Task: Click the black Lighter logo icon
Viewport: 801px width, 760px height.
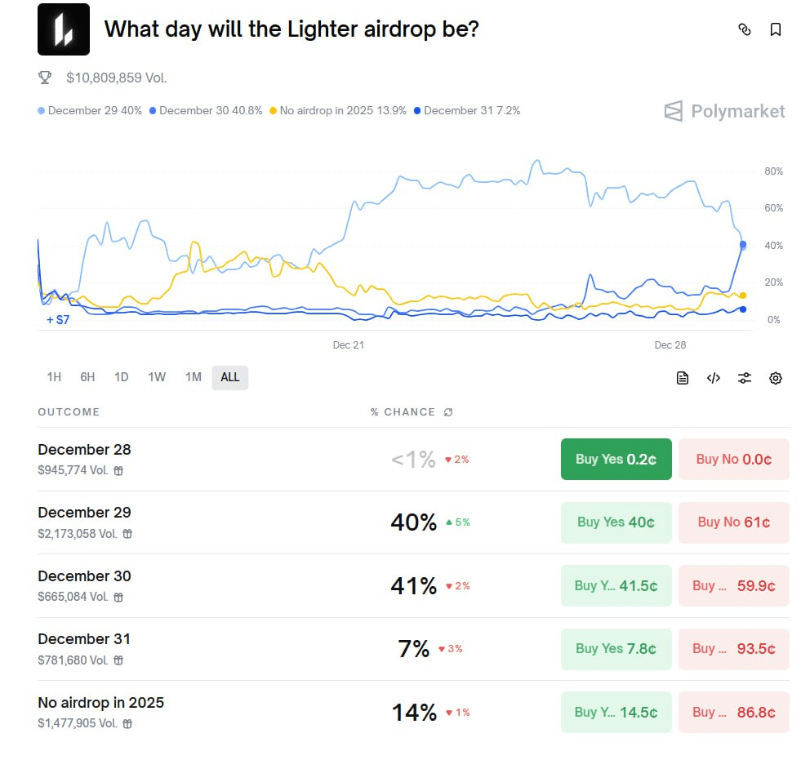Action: (64, 29)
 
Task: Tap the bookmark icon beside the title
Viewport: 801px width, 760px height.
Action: (776, 29)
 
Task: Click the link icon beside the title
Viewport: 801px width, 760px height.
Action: (745, 29)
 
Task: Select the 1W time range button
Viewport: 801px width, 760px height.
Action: (157, 377)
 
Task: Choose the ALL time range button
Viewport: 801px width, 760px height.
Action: (230, 377)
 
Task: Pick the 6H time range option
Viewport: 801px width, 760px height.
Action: (87, 377)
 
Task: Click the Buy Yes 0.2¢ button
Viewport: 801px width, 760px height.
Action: (616, 459)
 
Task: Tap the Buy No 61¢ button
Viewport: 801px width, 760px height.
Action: (733, 522)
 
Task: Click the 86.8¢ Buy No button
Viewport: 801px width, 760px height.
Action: (733, 712)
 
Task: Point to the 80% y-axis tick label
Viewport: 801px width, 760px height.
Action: (773, 171)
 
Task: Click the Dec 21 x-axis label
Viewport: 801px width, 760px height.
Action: (348, 345)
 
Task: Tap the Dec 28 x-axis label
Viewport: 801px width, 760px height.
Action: (670, 345)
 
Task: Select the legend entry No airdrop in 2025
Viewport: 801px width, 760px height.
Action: (342, 111)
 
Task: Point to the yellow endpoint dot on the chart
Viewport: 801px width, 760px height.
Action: (742, 296)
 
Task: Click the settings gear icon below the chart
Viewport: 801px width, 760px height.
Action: (776, 378)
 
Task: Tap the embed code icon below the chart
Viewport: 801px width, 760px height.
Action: (714, 378)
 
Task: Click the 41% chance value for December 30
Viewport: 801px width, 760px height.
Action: (413, 586)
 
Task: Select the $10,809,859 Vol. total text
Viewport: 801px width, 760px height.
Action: (117, 78)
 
